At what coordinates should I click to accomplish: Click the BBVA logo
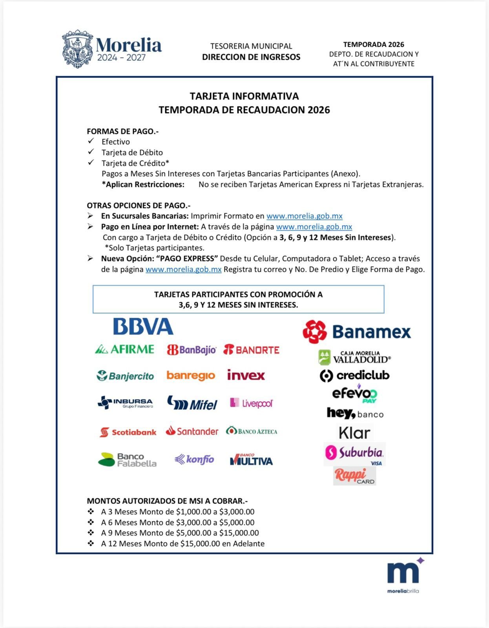(143, 327)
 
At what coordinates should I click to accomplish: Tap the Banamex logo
(357, 332)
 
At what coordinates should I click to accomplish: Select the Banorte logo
(252, 350)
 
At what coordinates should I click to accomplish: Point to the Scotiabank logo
(128, 432)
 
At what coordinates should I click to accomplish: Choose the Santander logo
(192, 431)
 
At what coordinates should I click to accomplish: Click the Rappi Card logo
(354, 476)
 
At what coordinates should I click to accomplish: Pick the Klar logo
(354, 433)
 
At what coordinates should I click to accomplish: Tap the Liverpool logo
(251, 403)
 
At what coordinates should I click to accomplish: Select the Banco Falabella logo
(127, 460)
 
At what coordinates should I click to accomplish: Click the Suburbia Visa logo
(354, 454)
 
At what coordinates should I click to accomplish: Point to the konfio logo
(195, 459)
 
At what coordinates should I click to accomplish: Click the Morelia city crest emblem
(78, 49)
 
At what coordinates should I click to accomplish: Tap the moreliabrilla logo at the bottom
(403, 576)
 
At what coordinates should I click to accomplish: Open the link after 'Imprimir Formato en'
(304, 216)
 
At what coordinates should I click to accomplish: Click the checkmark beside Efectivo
(91, 141)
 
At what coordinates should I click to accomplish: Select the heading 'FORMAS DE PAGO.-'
(122, 131)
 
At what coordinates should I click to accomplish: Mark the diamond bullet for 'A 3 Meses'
(91, 511)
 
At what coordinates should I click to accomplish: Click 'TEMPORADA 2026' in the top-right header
(374, 45)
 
